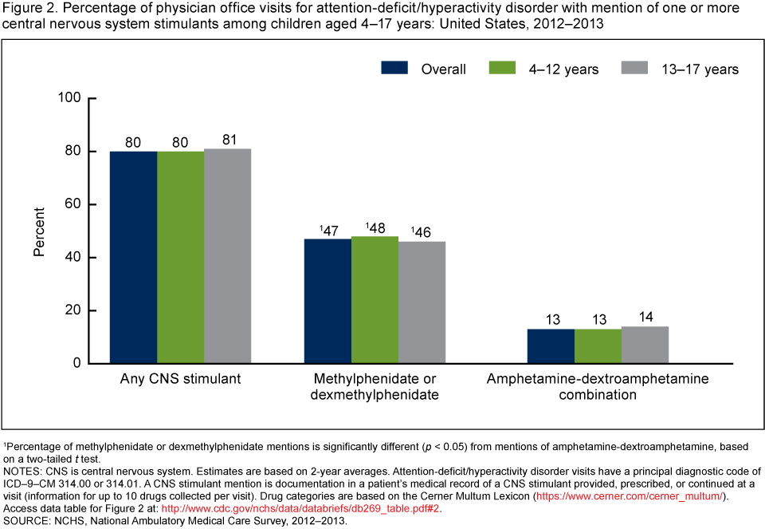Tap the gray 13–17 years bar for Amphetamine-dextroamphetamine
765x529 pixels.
(645, 345)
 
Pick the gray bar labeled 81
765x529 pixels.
(228, 256)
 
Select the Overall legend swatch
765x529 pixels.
(395, 69)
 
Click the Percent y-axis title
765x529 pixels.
(40, 231)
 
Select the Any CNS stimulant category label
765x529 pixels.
(180, 379)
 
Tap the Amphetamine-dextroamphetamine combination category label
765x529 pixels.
(597, 387)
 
